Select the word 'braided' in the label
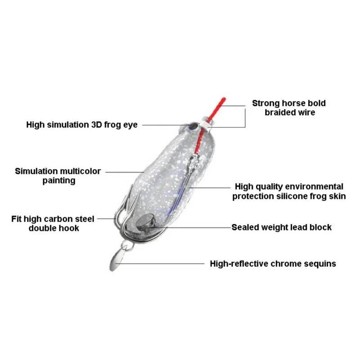(x=280, y=112)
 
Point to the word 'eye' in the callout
(x=130, y=125)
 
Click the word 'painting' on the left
(x=58, y=180)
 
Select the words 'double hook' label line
(x=54, y=228)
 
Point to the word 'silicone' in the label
(x=294, y=196)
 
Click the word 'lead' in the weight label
(x=297, y=227)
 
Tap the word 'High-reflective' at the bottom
(x=239, y=264)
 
